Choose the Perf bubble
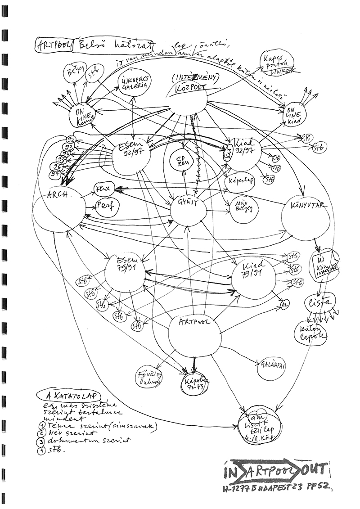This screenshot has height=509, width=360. (x=105, y=207)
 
